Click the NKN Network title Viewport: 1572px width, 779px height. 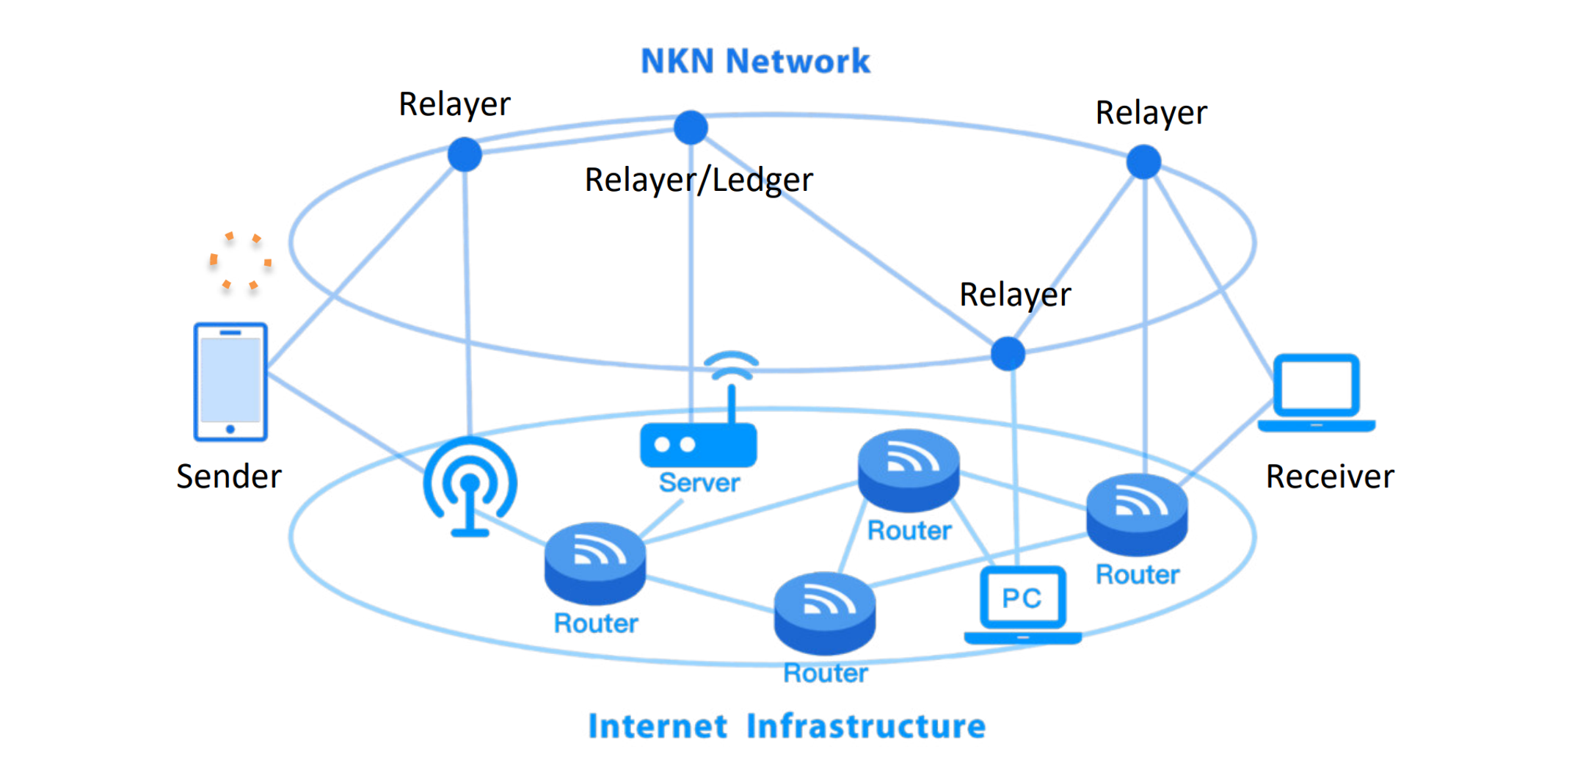pyautogui.click(x=755, y=61)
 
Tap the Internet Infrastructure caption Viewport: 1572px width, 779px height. pyautogui.click(x=786, y=725)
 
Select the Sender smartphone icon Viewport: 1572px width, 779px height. pyautogui.click(x=230, y=381)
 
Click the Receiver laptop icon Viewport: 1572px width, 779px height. pyautogui.click(x=1317, y=394)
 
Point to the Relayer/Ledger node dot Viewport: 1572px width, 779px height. pyautogui.click(x=691, y=128)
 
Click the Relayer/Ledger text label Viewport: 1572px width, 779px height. pyautogui.click(x=698, y=180)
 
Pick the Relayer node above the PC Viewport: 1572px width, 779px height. pyautogui.click(x=1008, y=353)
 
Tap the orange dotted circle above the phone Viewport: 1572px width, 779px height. pyautogui.click(x=240, y=261)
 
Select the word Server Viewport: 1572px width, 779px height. pyautogui.click(x=699, y=482)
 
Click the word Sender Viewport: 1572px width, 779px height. pyautogui.click(x=229, y=477)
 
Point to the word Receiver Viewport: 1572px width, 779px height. pyautogui.click(x=1329, y=477)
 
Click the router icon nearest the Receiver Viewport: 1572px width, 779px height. pyautogui.click(x=1136, y=513)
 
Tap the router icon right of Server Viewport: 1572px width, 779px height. pyautogui.click(x=909, y=469)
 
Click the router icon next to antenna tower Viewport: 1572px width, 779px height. pyautogui.click(x=594, y=562)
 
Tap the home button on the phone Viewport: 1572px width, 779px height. pyautogui.click(x=230, y=429)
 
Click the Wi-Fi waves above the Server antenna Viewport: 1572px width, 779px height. pyautogui.click(x=731, y=366)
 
